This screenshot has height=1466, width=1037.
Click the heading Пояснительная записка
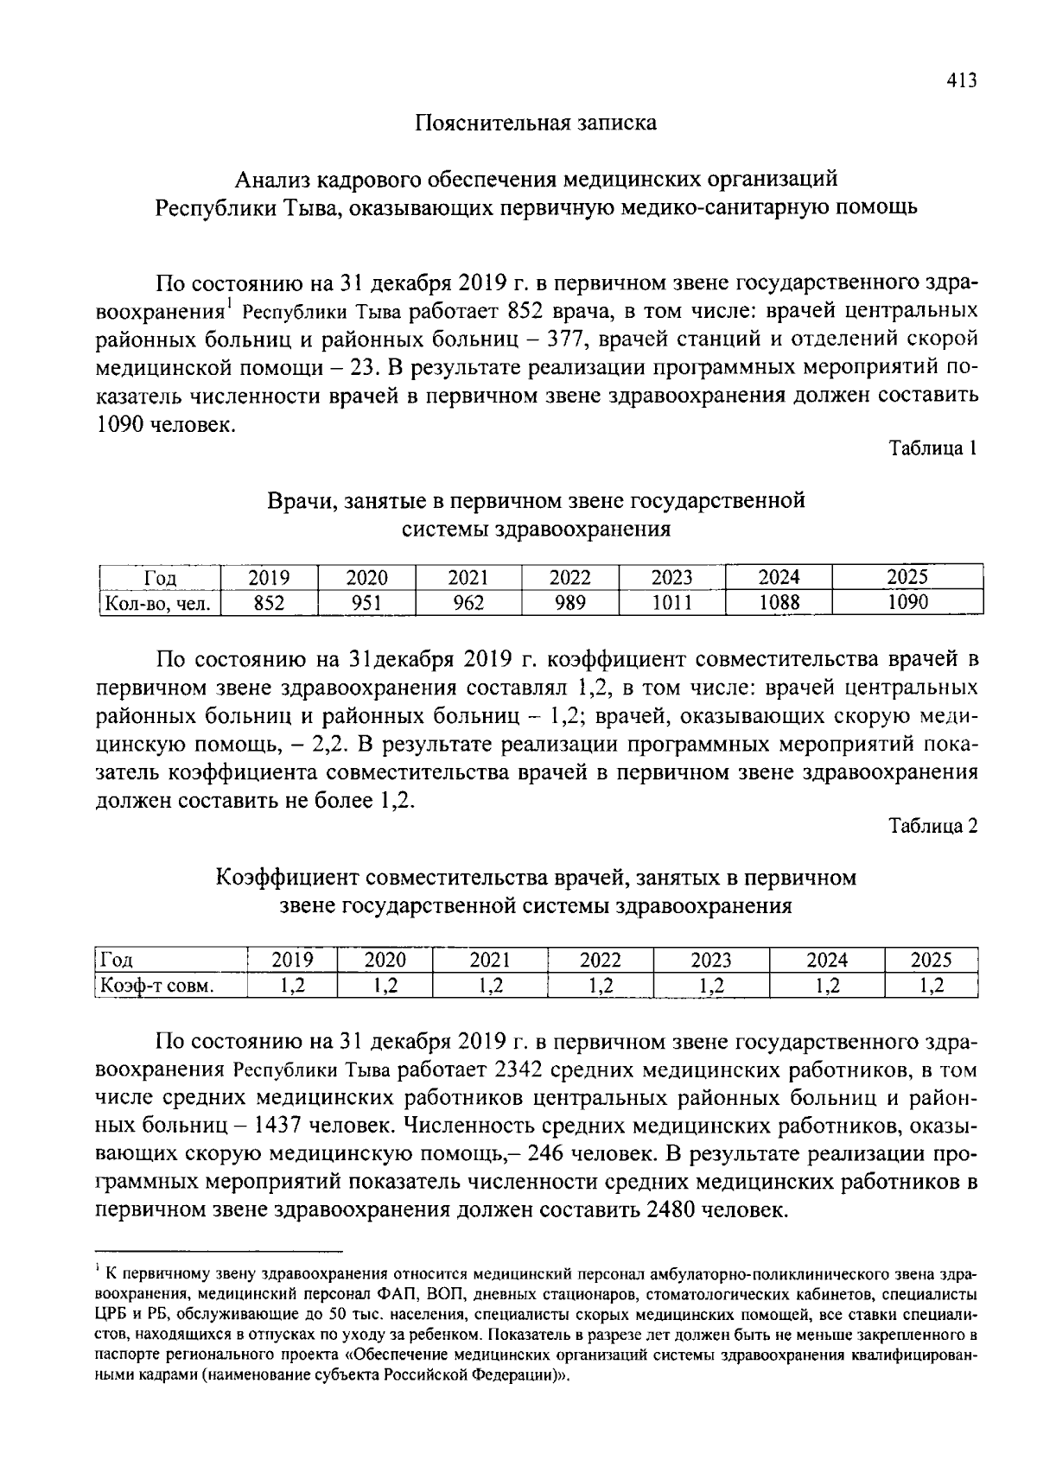[x=536, y=123]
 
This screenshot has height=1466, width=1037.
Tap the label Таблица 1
[x=934, y=448]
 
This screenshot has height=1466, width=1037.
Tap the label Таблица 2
[x=934, y=826]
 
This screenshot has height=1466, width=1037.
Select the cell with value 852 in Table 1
[x=269, y=602]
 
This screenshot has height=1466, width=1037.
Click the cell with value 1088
[x=779, y=602]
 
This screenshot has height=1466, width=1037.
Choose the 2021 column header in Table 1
[x=468, y=577]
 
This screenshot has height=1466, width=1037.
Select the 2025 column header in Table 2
[x=931, y=960]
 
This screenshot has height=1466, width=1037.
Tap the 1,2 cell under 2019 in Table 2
[x=292, y=985]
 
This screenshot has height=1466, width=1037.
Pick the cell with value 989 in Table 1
[x=569, y=602]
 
